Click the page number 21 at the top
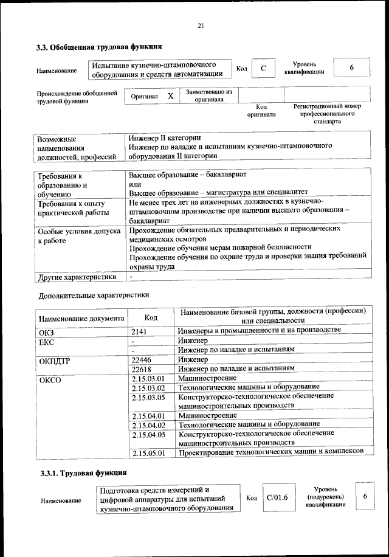point(201,25)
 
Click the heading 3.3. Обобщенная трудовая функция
point(100,46)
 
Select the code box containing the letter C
point(263,69)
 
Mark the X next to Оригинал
point(171,96)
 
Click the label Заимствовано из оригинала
point(209,95)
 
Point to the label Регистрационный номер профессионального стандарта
point(327,114)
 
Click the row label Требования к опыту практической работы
point(72,209)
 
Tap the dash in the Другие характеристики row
point(131,277)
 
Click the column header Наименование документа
point(81,318)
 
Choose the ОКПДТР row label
point(55,360)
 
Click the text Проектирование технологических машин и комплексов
point(270,452)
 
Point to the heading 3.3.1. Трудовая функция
point(83,472)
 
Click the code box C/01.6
point(277,498)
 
